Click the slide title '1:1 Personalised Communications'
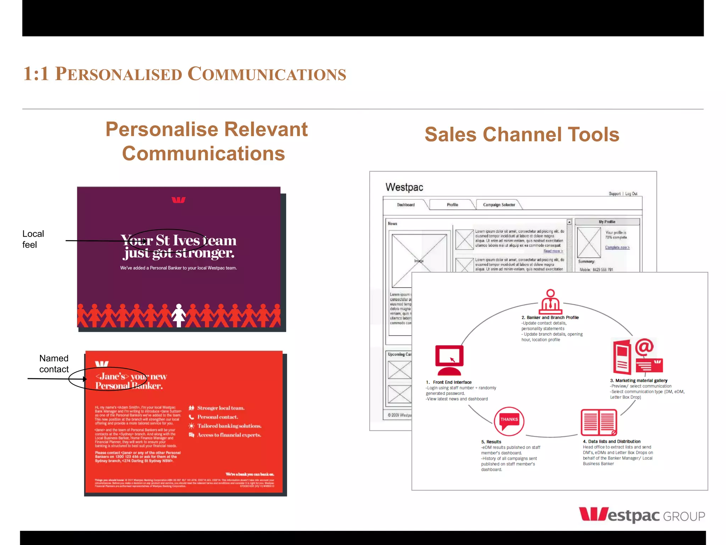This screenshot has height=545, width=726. coord(184,74)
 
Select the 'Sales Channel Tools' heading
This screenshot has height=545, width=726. coord(522,134)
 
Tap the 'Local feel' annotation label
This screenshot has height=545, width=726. coord(33,239)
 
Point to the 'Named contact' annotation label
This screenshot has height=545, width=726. coord(54,364)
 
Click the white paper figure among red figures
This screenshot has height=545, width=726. coord(179,315)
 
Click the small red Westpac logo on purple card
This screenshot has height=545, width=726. coord(179,200)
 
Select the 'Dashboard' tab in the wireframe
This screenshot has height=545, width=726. coord(406,205)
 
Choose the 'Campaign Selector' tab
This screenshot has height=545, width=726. coord(499,205)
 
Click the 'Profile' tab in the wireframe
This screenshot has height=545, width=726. coord(452,205)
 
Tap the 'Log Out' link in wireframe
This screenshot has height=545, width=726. coord(631,194)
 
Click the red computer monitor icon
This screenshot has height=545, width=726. coord(449,360)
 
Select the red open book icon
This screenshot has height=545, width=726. coord(599,422)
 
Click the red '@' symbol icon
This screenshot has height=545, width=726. coord(644,347)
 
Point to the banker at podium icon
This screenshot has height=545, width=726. coord(550,301)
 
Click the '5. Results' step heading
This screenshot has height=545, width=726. coord(491,442)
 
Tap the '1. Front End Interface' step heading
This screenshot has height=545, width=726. coord(449,382)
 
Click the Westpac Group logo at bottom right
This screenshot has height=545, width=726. coord(642,515)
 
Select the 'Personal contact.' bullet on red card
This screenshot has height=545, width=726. coord(217,417)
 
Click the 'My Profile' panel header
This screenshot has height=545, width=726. coord(607,222)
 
